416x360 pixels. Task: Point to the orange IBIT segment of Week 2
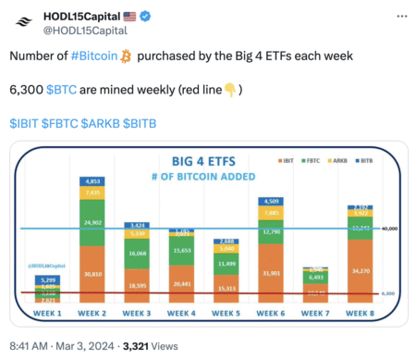click(93, 273)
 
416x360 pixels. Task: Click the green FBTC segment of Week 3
click(138, 252)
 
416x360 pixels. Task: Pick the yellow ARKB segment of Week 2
click(93, 192)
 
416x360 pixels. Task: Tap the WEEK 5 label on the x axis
click(226, 312)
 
